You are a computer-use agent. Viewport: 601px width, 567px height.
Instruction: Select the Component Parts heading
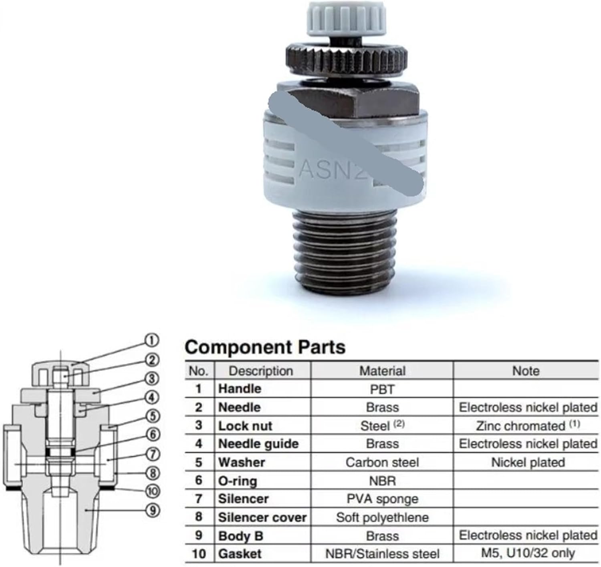[265, 347]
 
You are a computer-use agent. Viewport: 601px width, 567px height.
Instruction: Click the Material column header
[382, 371]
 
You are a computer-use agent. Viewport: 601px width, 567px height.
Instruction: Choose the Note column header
[526, 371]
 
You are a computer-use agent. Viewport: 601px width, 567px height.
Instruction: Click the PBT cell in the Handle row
[382, 389]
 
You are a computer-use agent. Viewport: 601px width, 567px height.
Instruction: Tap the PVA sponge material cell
[382, 499]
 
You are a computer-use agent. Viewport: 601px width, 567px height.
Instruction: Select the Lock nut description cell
[245, 426]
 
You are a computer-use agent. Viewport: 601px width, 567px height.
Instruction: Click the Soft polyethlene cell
[382, 517]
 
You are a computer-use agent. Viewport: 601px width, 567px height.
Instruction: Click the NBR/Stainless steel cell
[382, 554]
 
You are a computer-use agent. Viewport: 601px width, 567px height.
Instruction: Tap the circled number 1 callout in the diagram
[152, 341]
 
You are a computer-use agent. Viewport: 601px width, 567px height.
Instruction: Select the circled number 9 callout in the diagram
[153, 510]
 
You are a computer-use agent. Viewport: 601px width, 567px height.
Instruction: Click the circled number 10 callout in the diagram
[153, 491]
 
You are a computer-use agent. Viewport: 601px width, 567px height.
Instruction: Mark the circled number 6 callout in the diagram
[153, 435]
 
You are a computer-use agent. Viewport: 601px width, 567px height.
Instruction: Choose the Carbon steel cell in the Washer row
[382, 463]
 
